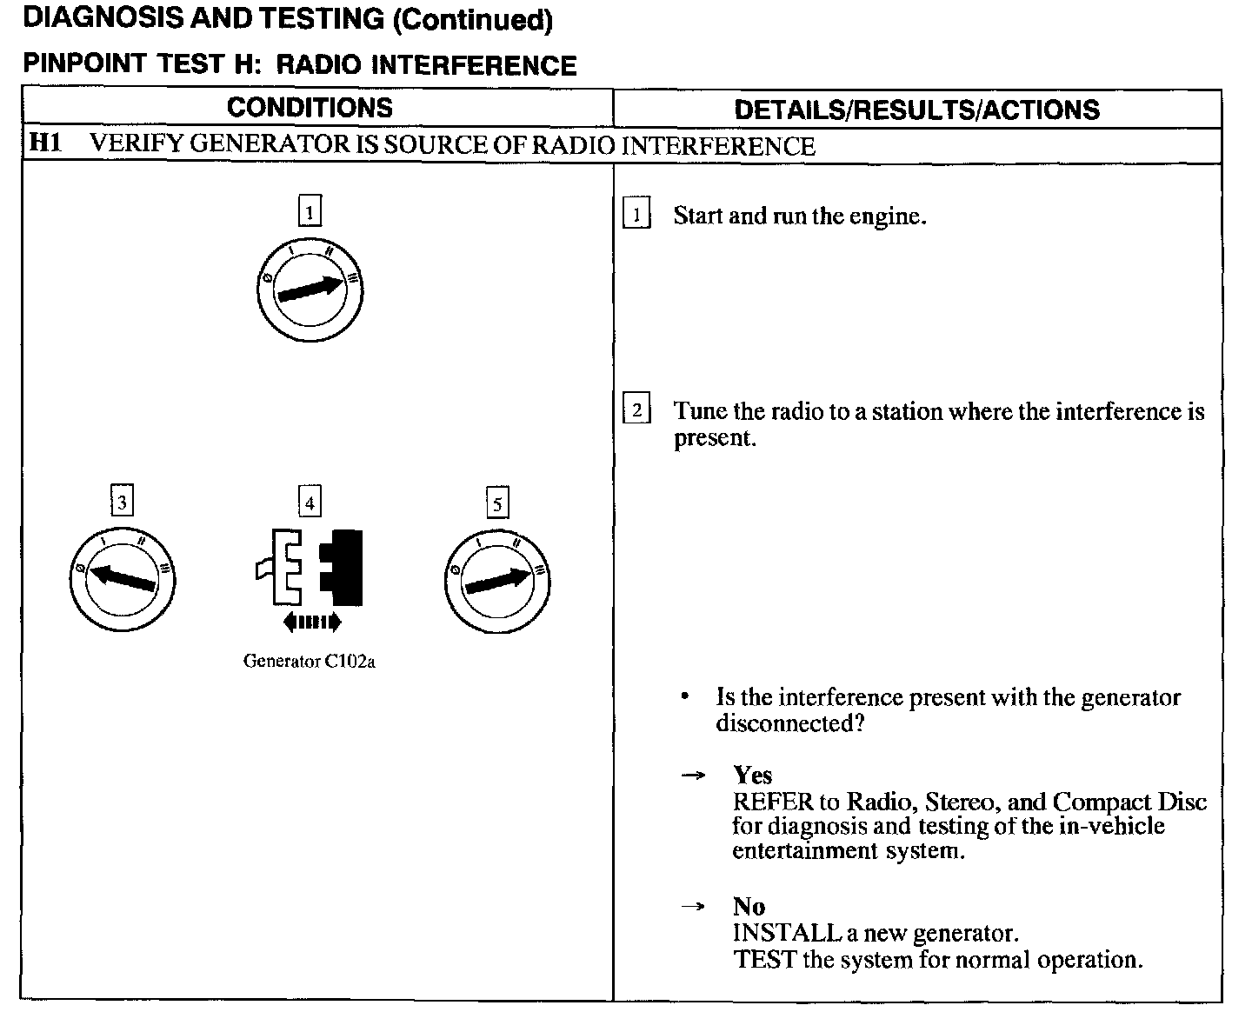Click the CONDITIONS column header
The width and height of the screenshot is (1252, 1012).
(x=310, y=108)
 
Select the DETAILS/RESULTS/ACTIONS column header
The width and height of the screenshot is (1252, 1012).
(x=916, y=110)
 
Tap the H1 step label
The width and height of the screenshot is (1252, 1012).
(x=45, y=143)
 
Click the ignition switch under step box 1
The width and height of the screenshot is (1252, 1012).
(x=310, y=292)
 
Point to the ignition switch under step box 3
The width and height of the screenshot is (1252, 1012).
(x=123, y=579)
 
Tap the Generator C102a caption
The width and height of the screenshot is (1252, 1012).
(x=310, y=662)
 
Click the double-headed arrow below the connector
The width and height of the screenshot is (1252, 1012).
(x=311, y=622)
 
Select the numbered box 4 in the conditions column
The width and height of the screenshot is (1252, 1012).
(x=310, y=502)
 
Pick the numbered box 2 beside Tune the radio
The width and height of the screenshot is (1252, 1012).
(x=637, y=409)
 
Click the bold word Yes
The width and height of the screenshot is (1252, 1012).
(x=752, y=775)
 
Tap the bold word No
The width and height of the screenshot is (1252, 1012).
(x=749, y=907)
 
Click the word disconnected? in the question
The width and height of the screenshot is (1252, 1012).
(x=789, y=723)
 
